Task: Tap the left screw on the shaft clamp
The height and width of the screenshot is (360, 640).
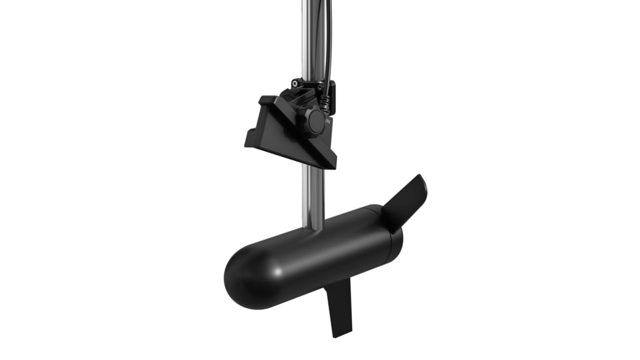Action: pos(296,83)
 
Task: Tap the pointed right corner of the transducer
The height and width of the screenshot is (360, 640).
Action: pos(334,163)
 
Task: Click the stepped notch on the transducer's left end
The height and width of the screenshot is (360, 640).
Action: pos(265,105)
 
